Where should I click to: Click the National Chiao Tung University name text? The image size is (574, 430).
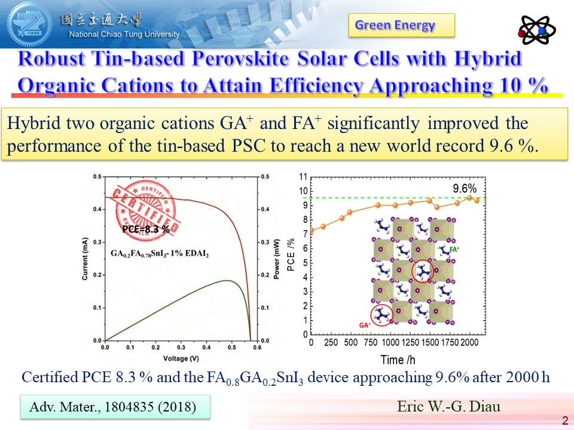pos(124,34)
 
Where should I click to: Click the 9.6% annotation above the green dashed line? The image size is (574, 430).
pos(464,188)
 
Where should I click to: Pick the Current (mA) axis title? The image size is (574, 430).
pos(85,258)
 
